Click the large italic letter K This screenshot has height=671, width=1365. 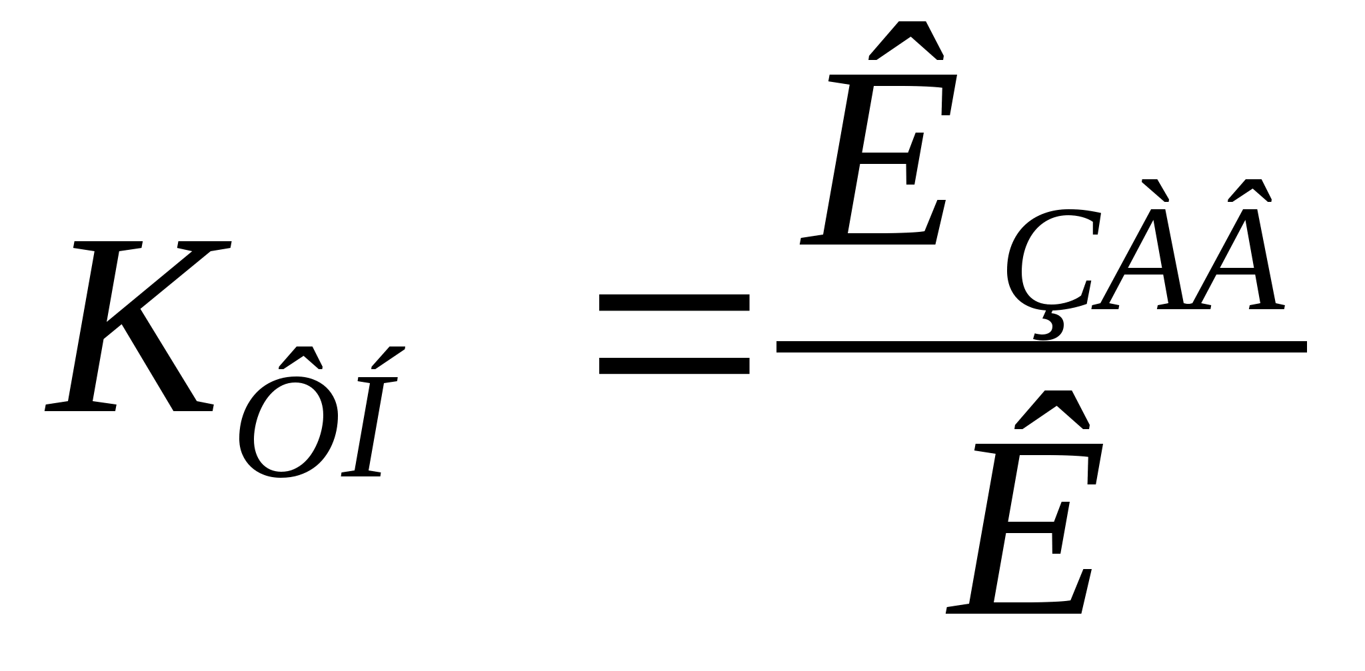tap(133, 327)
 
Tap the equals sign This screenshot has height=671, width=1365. tap(674, 334)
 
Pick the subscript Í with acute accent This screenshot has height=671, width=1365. tap(370, 426)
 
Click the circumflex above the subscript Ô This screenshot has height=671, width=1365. tap(301, 358)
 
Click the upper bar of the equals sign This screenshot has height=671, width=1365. tap(674, 303)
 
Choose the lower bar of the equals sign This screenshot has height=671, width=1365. tap(674, 365)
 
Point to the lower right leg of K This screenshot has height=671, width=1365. tap(177, 373)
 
